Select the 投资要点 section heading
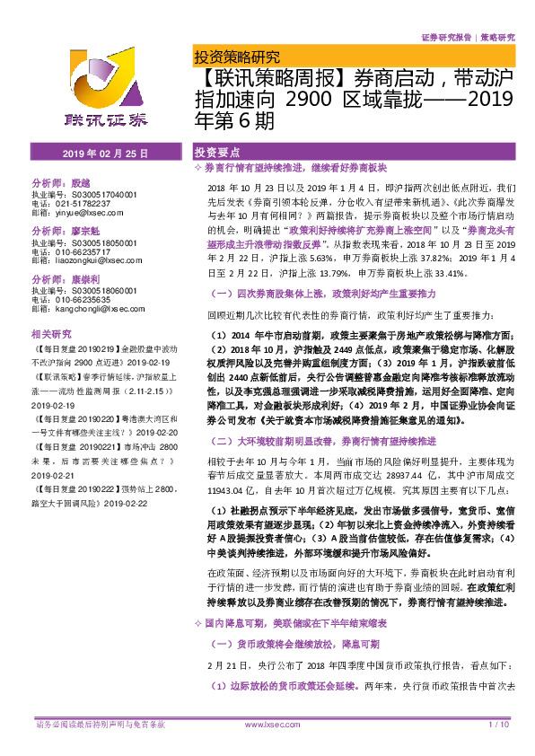click(x=218, y=154)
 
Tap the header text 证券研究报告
click(x=445, y=39)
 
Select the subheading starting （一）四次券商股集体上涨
click(x=324, y=294)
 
